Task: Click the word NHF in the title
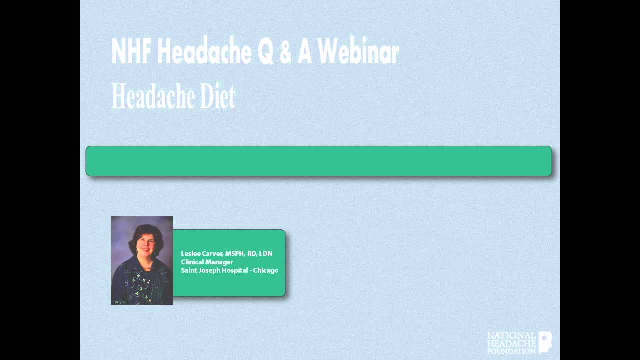(131, 51)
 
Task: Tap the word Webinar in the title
(357, 51)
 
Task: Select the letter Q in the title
(265, 52)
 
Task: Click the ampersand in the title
(285, 52)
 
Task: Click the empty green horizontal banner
(319, 161)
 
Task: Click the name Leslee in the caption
(190, 254)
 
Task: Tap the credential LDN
(266, 254)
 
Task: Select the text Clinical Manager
(207, 262)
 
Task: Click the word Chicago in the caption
(265, 270)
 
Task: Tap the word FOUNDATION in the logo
(511, 351)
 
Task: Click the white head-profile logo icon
(545, 342)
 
